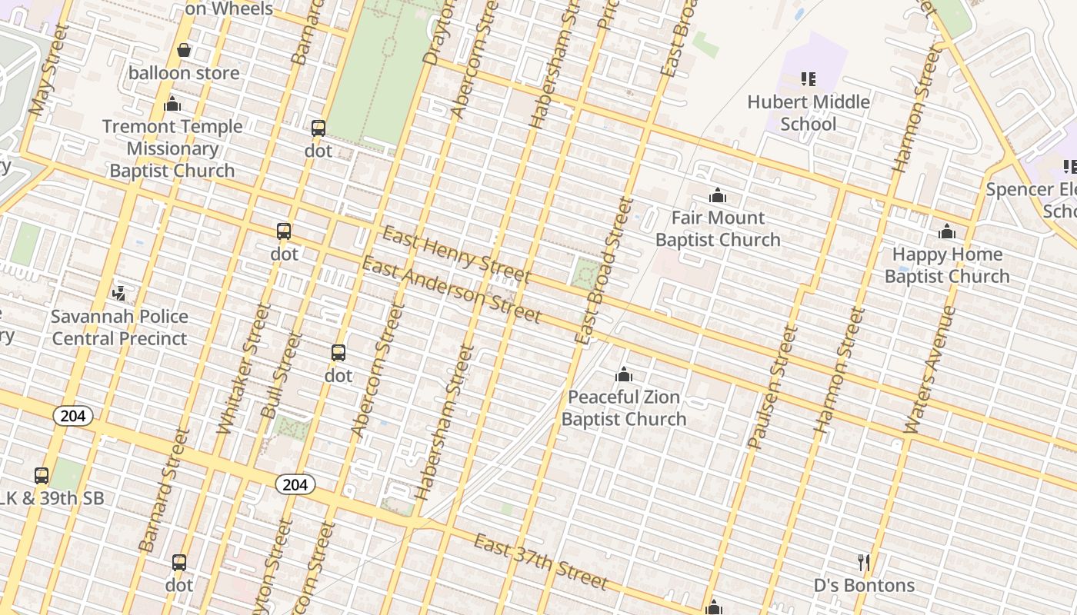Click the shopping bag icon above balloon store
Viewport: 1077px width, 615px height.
(x=184, y=51)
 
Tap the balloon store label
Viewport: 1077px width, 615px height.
(x=184, y=73)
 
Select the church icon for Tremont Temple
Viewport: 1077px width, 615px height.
(x=172, y=104)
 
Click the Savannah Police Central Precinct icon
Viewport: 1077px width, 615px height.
(x=118, y=293)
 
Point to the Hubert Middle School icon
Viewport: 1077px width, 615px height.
(x=808, y=78)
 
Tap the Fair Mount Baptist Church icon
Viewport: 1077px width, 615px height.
(x=718, y=195)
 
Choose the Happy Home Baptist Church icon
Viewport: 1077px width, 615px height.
(x=946, y=231)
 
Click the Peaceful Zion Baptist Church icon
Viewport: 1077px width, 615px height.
(x=623, y=374)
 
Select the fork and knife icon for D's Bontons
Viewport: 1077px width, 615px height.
(x=864, y=563)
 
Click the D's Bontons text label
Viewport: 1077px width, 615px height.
(x=864, y=585)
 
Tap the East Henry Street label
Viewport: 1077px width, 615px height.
(x=456, y=254)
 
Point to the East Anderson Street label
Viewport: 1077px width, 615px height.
(x=452, y=290)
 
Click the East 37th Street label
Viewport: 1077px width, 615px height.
(x=540, y=562)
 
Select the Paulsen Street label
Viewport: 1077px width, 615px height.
(x=772, y=387)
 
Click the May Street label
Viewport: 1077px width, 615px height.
(x=48, y=69)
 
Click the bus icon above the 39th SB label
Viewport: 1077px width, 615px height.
(x=42, y=476)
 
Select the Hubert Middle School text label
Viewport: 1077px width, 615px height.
(x=808, y=112)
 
